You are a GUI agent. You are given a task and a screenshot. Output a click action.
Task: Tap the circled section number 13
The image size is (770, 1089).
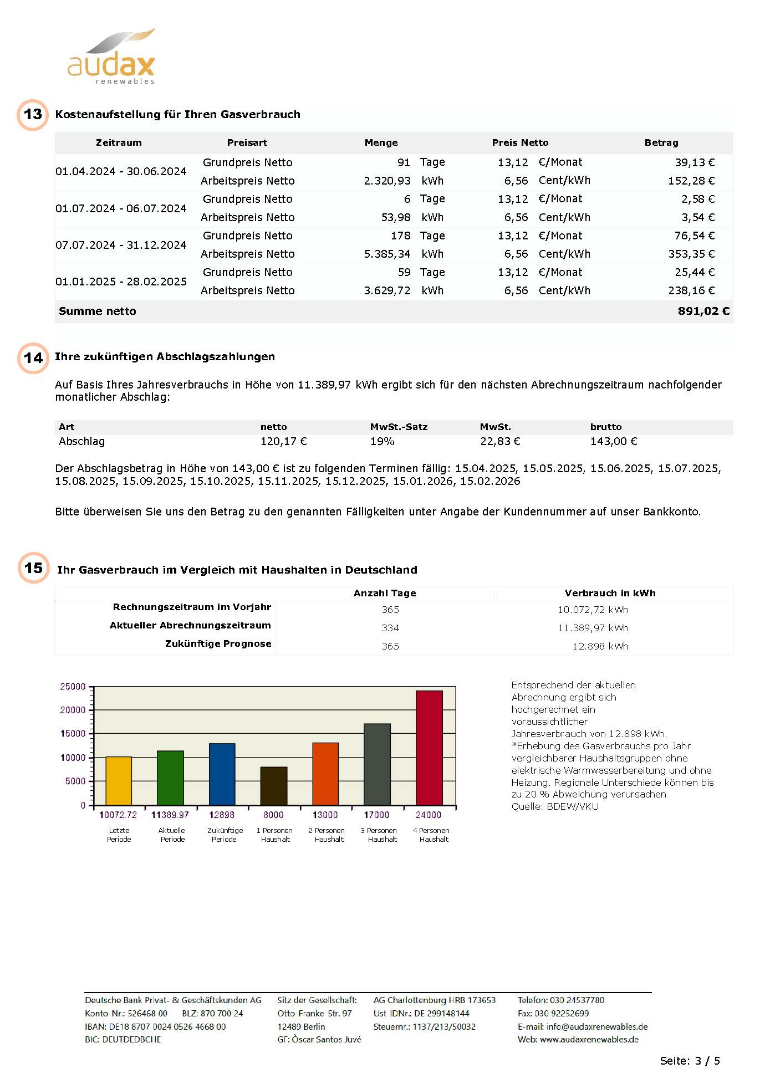(33, 115)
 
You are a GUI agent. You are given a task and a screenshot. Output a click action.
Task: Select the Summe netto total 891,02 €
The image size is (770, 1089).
(703, 311)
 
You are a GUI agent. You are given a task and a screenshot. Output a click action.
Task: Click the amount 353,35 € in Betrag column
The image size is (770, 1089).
(691, 254)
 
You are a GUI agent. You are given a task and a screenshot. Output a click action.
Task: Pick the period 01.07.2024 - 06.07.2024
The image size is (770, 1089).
(121, 208)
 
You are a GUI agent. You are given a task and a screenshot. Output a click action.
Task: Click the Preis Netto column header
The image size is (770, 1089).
(520, 142)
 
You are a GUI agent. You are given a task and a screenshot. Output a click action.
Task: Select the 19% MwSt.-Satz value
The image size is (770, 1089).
(382, 442)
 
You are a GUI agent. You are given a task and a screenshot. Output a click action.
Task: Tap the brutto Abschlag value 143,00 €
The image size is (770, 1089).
(613, 442)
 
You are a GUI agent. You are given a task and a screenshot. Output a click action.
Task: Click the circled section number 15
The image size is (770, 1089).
(33, 568)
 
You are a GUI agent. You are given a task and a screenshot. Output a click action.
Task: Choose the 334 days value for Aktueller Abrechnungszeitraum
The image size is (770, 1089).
(390, 628)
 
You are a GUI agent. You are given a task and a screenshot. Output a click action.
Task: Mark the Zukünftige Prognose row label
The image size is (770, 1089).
(218, 643)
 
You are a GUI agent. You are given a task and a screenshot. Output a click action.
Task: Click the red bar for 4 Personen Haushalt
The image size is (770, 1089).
(429, 748)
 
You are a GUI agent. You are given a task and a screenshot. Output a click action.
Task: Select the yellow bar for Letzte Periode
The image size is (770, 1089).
(119, 780)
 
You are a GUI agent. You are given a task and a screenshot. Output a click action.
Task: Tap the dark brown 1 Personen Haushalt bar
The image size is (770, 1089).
(274, 785)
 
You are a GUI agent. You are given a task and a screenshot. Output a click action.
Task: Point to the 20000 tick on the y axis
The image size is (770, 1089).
(73, 710)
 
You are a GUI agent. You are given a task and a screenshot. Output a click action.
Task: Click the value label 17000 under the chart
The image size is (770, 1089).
(376, 815)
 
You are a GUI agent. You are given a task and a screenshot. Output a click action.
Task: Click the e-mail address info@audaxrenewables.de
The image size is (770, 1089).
(596, 1026)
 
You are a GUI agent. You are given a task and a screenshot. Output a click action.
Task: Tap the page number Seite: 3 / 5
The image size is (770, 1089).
(690, 1061)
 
